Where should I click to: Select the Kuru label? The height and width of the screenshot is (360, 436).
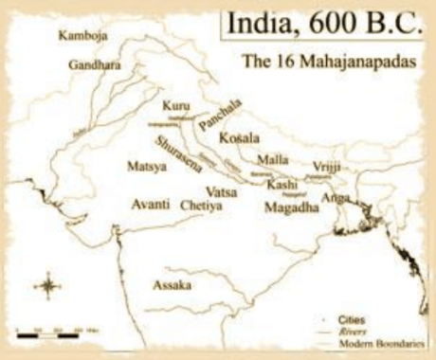pos(175,104)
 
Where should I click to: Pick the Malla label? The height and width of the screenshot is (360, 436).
pos(273,160)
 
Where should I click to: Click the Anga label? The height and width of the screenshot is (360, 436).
pos(336,197)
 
